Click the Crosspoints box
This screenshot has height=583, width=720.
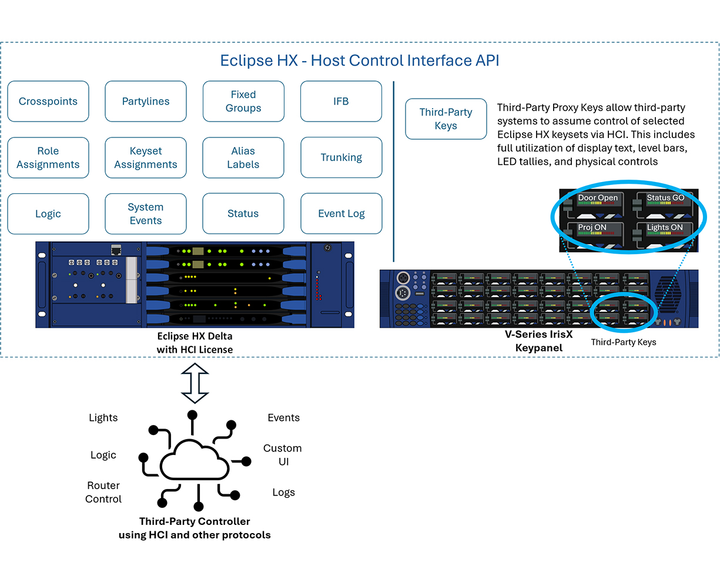(x=48, y=102)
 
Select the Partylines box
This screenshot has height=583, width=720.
(x=146, y=102)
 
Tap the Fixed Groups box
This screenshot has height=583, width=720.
(x=243, y=102)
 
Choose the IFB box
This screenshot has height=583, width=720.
(x=341, y=102)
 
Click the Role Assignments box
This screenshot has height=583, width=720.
(x=48, y=158)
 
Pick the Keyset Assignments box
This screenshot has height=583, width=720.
(x=146, y=158)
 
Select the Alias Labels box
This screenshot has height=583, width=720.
(x=243, y=158)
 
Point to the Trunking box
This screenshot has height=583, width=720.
(x=341, y=158)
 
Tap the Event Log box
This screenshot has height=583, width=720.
(x=341, y=214)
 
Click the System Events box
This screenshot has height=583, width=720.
(x=146, y=214)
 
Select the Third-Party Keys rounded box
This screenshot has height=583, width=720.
(x=446, y=119)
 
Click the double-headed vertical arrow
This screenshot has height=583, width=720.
(x=195, y=383)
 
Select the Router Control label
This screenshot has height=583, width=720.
(x=103, y=492)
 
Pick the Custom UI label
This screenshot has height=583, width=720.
(x=283, y=455)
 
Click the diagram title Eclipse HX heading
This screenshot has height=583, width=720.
(x=359, y=60)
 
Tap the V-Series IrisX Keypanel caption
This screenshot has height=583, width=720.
(x=538, y=341)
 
